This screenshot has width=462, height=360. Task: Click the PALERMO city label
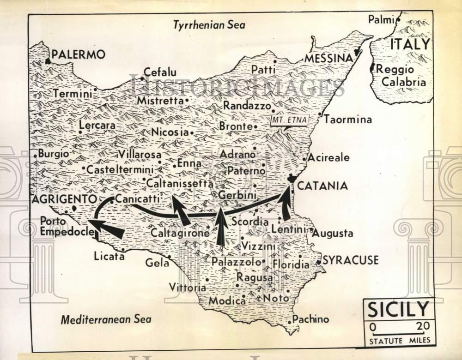click(78, 54)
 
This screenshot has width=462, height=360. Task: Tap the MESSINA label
click(328, 58)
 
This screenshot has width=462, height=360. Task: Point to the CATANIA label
click(322, 186)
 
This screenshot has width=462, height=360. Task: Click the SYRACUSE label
click(350, 260)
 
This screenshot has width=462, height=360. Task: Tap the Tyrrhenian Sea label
click(209, 25)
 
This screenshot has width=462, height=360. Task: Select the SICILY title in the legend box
click(398, 309)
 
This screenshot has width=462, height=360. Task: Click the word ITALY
click(410, 44)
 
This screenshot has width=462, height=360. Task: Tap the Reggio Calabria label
click(401, 75)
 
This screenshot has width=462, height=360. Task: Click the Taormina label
click(347, 120)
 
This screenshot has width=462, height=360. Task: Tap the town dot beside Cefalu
click(142, 78)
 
